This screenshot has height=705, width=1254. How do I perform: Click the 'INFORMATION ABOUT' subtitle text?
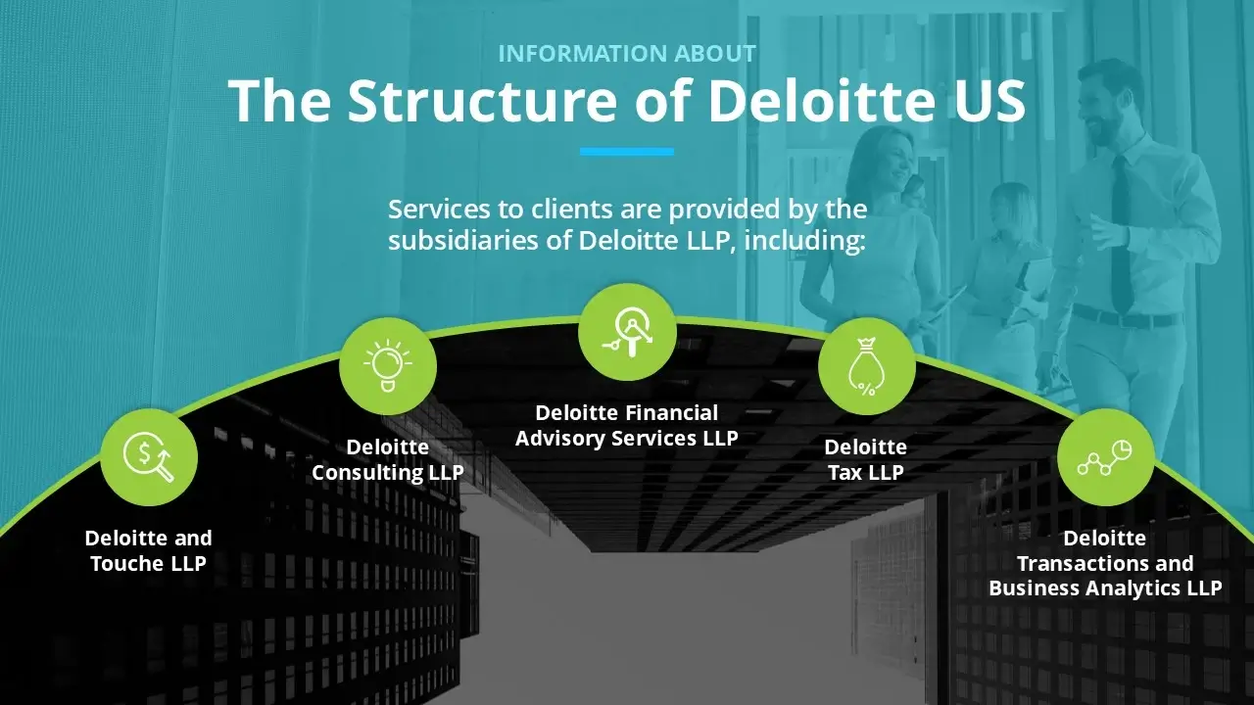tap(627, 53)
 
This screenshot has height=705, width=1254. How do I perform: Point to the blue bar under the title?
tap(627, 152)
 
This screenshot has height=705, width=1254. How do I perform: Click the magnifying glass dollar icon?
tap(149, 457)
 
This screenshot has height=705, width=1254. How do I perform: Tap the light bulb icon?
tap(387, 366)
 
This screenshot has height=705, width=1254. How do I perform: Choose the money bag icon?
tap(866, 366)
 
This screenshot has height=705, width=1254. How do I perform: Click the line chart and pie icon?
tap(1105, 457)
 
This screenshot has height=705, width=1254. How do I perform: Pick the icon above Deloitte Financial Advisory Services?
tap(627, 332)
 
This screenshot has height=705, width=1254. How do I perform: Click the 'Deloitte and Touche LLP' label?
tap(148, 550)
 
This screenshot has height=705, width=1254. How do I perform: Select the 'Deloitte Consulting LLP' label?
tap(387, 460)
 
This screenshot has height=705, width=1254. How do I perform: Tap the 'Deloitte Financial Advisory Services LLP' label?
tap(627, 426)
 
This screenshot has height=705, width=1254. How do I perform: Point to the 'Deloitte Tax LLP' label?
tap(865, 460)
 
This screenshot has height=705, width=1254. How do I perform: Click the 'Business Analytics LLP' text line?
tap(1105, 588)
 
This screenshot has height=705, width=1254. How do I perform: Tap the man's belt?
tap(1127, 318)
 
